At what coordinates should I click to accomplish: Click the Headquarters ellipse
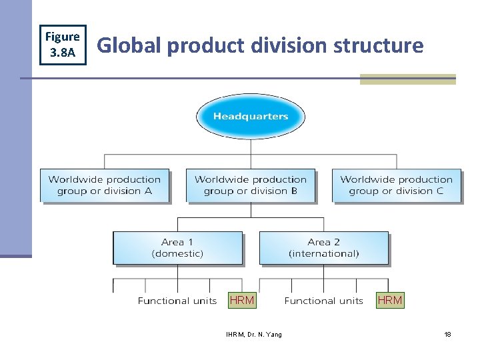pos(251,117)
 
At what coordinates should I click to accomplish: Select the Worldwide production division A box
pos(105,185)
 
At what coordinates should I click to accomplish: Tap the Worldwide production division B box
pos(251,185)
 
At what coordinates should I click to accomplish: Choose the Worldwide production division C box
pos(396,185)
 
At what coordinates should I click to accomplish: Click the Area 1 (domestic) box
pos(177,247)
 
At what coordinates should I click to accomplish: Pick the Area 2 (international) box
pos(323,247)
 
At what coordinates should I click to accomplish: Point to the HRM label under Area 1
pos(241,300)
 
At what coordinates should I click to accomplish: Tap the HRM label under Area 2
pos(390,300)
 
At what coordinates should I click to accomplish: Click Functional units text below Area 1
pos(177,301)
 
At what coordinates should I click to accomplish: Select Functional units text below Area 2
pos(323,301)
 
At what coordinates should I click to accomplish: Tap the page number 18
pos(447,334)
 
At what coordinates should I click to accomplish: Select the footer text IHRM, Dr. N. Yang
pos(253,334)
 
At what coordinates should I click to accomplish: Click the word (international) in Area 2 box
pos(323,253)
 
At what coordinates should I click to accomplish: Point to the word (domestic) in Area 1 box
pos(177,253)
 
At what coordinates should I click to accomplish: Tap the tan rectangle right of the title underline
pos(407,79)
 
